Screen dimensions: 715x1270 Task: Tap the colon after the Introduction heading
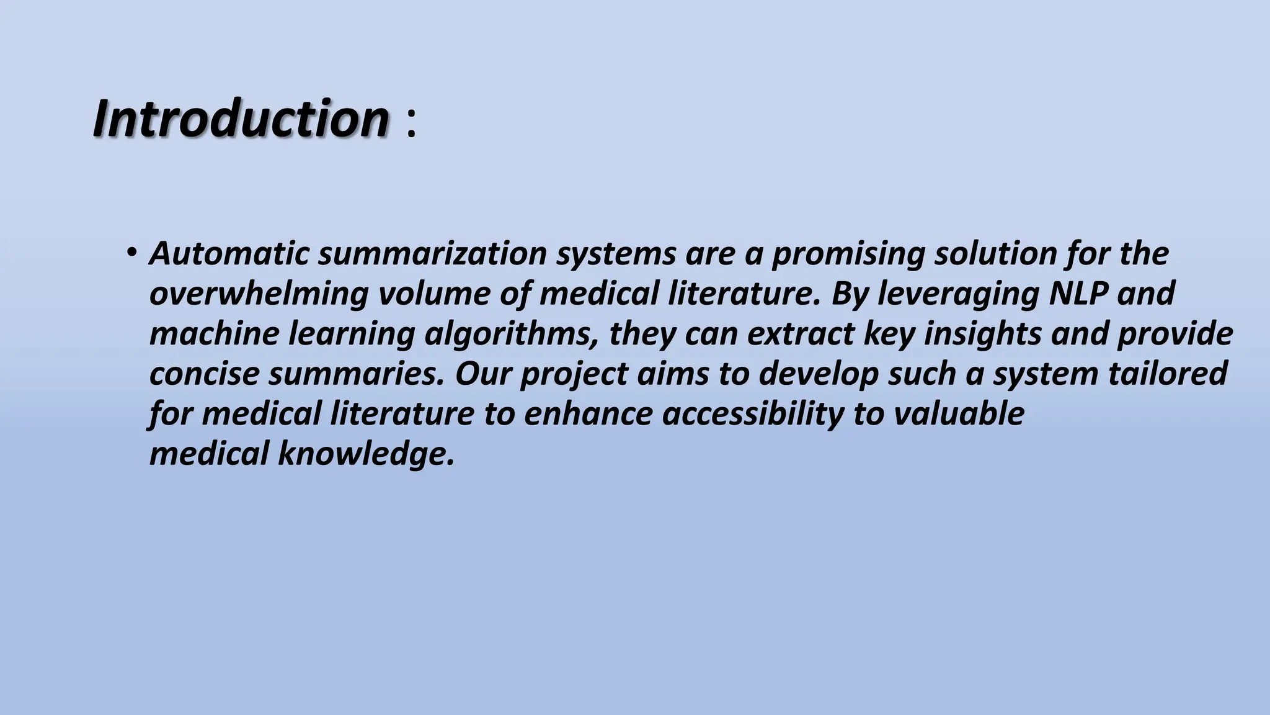point(411,122)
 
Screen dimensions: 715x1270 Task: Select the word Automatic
point(229,253)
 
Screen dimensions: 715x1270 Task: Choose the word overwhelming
point(259,294)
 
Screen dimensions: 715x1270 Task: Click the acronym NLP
point(1078,294)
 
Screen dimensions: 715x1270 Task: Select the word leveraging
point(957,294)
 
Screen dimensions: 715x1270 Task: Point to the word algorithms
point(512,334)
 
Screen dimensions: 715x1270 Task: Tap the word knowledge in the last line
point(366,454)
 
